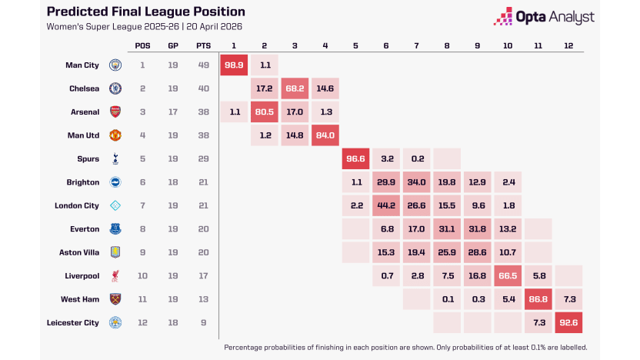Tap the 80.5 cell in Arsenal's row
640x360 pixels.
265,112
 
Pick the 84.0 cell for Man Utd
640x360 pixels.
325,135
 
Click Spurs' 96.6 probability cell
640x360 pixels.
355,159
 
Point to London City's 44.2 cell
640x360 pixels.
385,205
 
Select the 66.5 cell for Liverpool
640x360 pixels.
507,275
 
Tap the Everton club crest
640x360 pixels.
115,229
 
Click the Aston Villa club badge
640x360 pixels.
115,252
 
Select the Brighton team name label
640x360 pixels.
83,182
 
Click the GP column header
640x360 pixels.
173,45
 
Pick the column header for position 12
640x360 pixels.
568,45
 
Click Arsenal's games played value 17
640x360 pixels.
173,112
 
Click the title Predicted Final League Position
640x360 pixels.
145,12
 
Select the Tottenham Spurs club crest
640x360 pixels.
115,159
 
